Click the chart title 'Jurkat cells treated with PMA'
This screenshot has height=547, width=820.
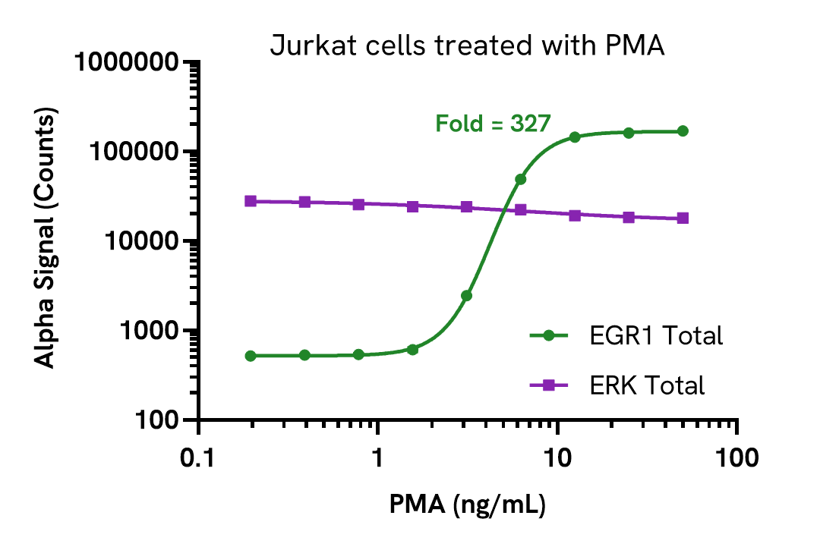[467, 46]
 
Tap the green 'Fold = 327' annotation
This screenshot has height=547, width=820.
[492, 123]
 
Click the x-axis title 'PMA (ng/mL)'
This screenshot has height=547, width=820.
[468, 504]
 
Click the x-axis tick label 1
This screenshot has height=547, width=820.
[378, 457]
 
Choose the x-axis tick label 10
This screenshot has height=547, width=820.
[558, 457]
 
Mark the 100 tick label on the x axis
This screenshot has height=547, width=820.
[737, 457]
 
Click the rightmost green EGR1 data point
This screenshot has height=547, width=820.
[683, 131]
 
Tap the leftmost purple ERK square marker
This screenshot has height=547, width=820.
[251, 201]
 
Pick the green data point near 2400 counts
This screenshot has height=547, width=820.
[466, 296]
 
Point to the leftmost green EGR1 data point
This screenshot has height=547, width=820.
[251, 356]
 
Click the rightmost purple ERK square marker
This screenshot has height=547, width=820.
[683, 218]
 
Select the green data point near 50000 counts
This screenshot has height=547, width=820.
[520, 179]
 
